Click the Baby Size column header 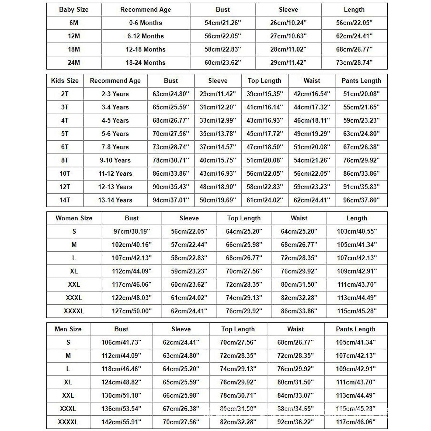point(74,10)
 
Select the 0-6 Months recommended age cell point(145,23)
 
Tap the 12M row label point(74,36)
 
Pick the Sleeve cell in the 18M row point(288,49)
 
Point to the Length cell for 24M point(354,62)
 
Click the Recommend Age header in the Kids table point(115,81)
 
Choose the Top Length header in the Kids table point(265,81)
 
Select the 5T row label point(65,134)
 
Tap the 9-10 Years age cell point(115,160)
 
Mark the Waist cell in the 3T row point(312,107)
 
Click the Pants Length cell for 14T point(361,200)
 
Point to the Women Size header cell point(74,218)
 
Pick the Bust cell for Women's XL point(131,271)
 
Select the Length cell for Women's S point(357,231)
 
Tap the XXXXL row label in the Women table point(74,311)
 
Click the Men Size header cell point(68,329)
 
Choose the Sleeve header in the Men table point(181,329)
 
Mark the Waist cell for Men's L point(295,369)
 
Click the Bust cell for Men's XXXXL point(121,422)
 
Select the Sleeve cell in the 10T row point(218,173)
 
